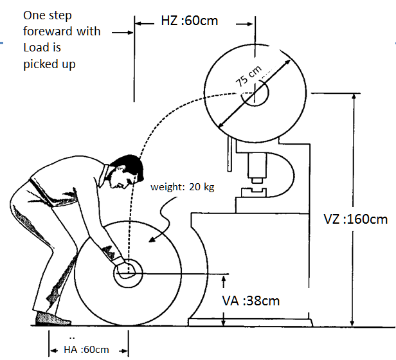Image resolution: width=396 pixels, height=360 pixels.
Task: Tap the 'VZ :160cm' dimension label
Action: [355, 219]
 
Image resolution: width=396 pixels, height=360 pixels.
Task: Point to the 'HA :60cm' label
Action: [87, 349]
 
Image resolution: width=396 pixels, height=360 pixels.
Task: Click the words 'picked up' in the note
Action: [49, 64]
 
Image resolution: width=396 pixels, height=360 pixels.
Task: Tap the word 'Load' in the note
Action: [35, 48]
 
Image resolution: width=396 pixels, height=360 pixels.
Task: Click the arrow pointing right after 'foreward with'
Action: [119, 31]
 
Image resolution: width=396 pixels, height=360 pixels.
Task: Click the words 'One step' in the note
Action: [46, 15]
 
